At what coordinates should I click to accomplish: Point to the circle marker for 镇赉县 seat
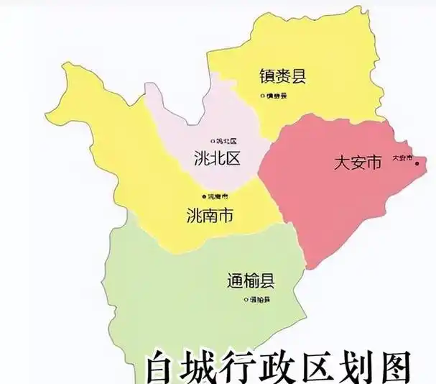tap(263, 96)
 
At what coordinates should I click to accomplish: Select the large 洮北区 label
tap(216, 159)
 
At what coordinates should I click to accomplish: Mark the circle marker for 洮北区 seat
tap(212, 141)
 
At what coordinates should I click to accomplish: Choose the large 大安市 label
tap(357, 163)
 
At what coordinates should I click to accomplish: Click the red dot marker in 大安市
tap(417, 164)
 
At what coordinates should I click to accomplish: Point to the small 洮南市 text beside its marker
tap(218, 196)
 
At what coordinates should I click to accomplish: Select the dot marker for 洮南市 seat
tap(204, 196)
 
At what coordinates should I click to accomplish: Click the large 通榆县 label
tap(251, 281)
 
